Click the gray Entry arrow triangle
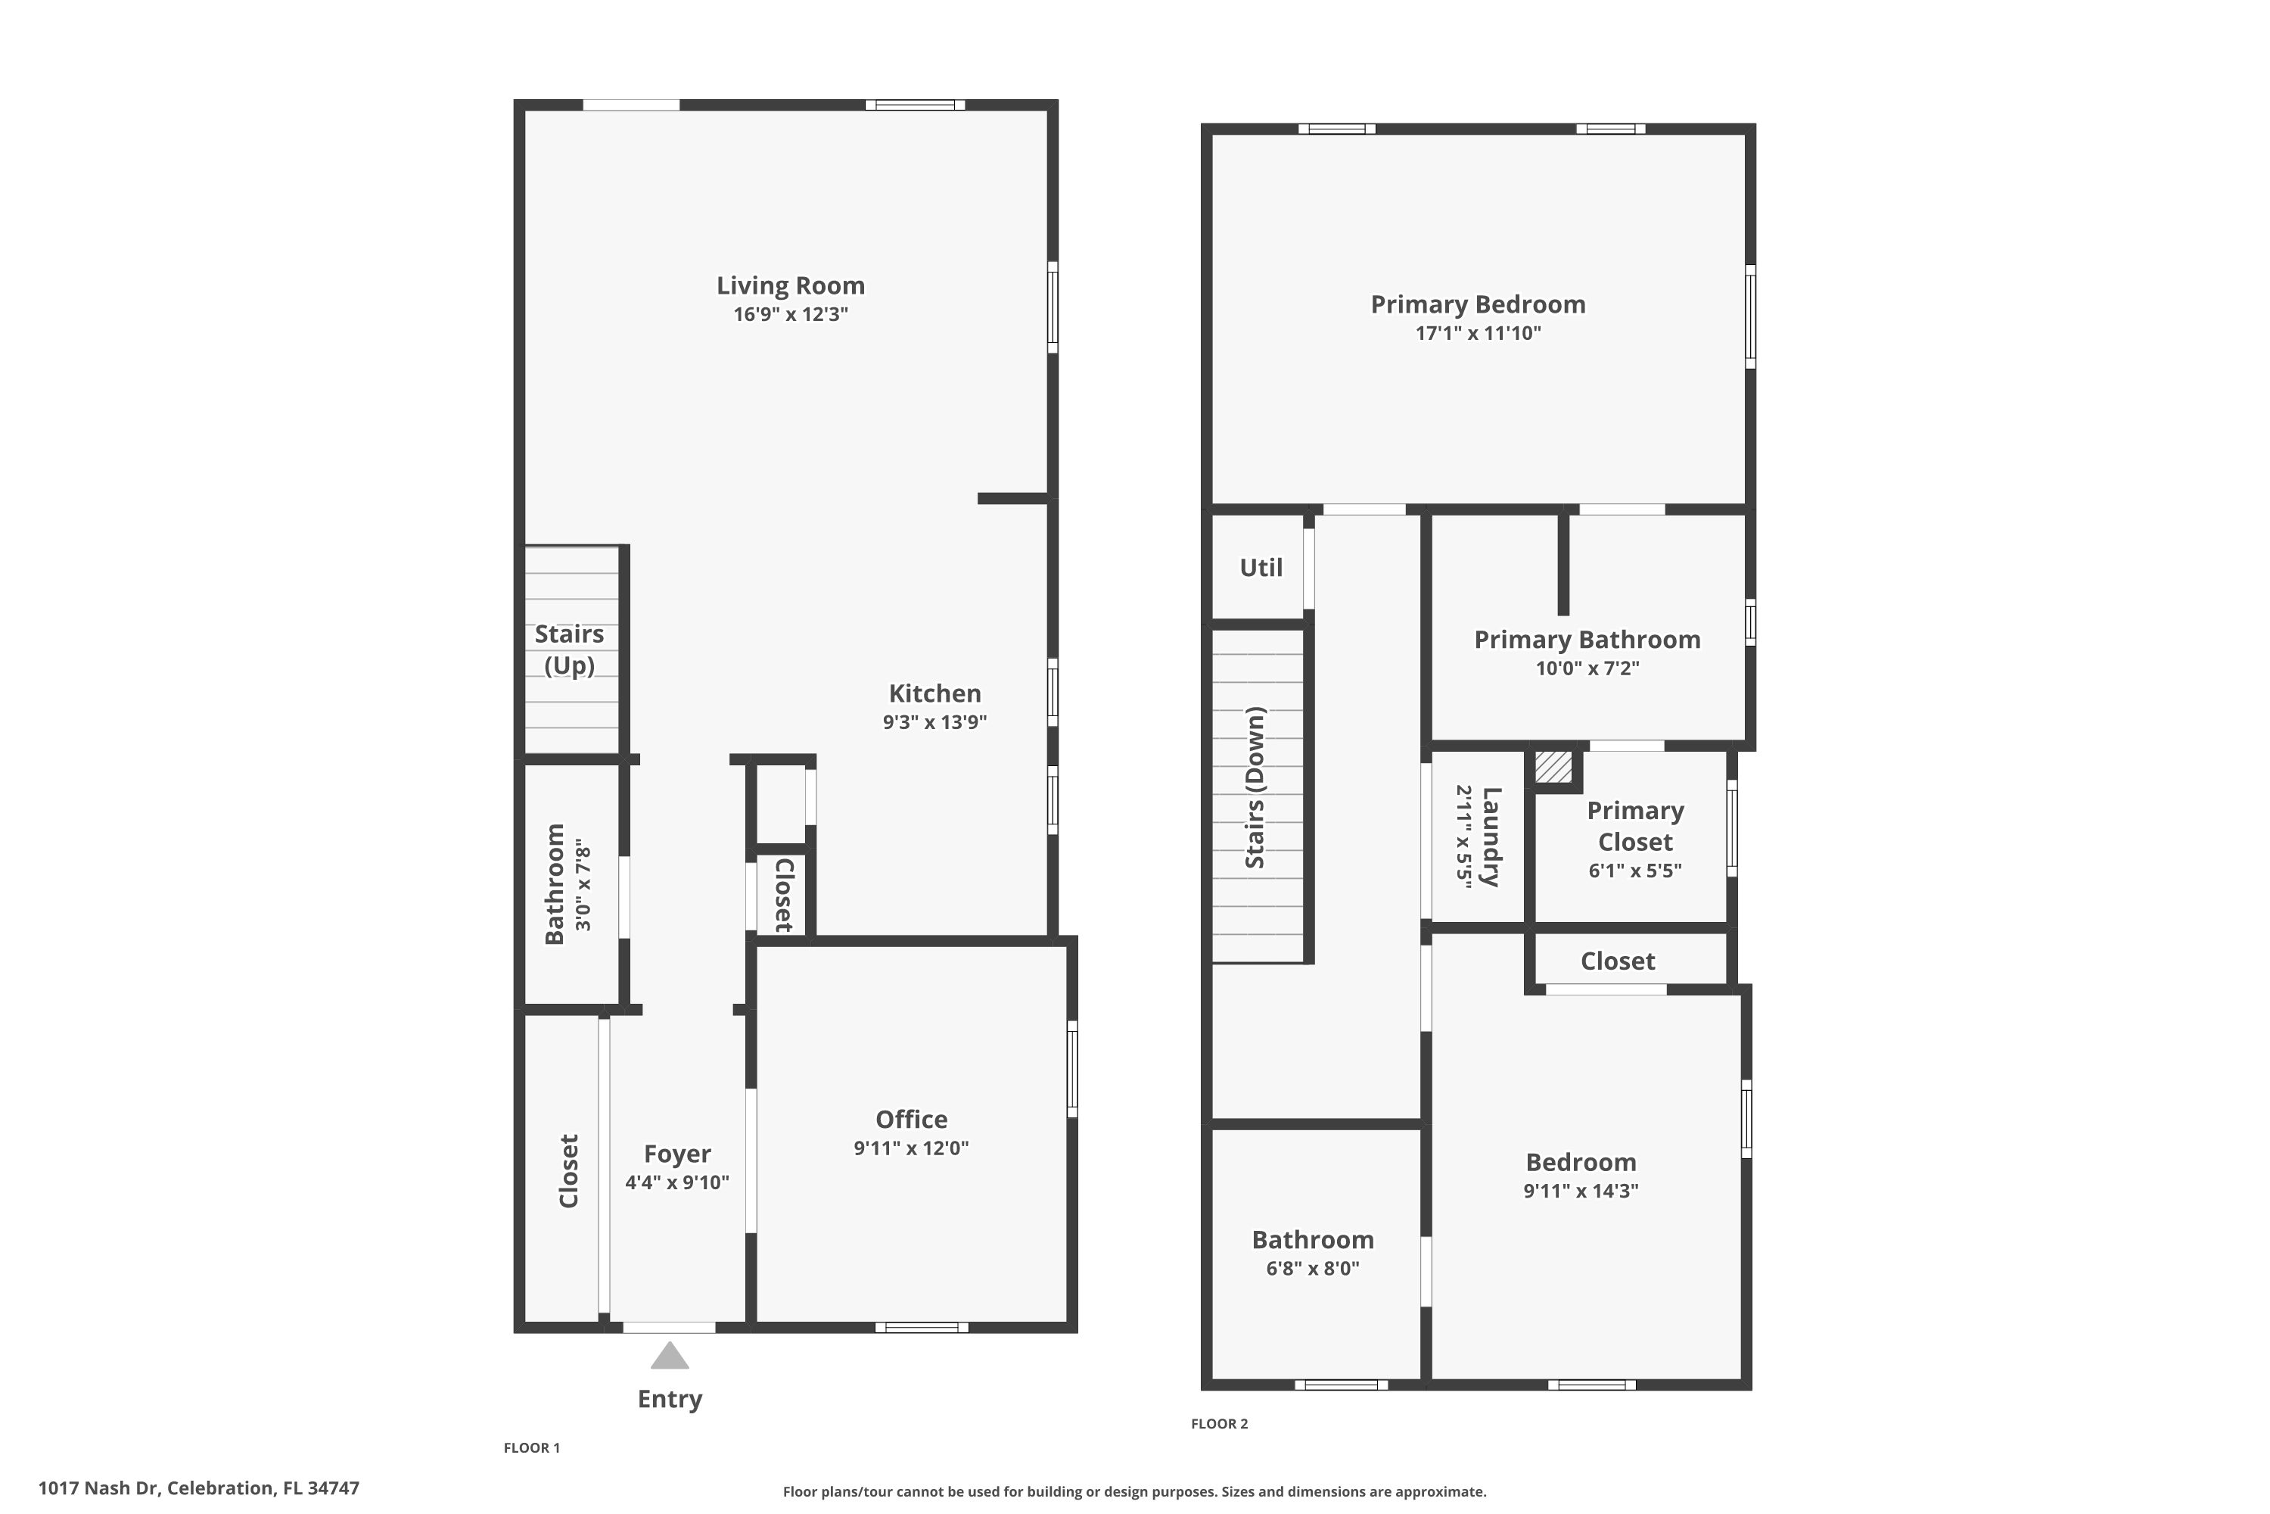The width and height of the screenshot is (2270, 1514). (x=669, y=1357)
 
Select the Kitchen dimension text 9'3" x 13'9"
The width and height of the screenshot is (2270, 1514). (x=934, y=722)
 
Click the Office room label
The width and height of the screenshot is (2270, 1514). (x=911, y=1119)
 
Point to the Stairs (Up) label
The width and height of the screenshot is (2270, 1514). (x=570, y=649)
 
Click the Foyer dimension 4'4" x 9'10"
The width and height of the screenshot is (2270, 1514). (x=676, y=1182)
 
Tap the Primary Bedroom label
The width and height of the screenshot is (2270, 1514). (x=1478, y=304)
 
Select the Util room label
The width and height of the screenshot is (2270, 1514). (x=1261, y=568)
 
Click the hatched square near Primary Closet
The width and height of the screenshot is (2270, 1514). (x=1553, y=768)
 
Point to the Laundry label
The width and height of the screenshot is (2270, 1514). (x=1491, y=836)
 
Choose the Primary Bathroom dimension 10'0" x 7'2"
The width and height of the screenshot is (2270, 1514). (x=1587, y=668)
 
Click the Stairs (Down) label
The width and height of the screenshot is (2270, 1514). (x=1255, y=788)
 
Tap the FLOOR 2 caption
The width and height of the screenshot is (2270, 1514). (x=1219, y=1423)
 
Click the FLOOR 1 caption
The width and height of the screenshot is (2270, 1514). (x=532, y=1447)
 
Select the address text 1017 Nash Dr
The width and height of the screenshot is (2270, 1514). (x=98, y=1488)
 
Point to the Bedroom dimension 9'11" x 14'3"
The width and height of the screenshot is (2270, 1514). (x=1581, y=1191)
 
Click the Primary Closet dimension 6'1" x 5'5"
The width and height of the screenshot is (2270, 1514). (x=1635, y=870)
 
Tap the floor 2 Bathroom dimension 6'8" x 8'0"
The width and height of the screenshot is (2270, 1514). (x=1313, y=1268)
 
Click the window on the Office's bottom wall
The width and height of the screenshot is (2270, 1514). (x=922, y=1328)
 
